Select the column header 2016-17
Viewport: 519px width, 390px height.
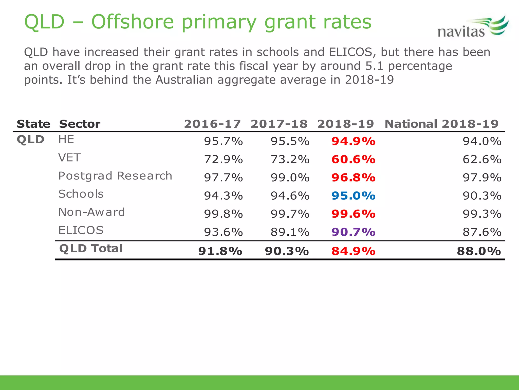(x=212, y=124)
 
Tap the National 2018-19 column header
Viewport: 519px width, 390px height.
(x=441, y=124)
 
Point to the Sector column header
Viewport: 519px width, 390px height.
(x=80, y=124)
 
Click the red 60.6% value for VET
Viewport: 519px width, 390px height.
(x=353, y=159)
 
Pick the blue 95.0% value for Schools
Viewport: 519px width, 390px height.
(x=353, y=196)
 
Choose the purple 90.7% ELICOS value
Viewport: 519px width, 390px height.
(x=353, y=232)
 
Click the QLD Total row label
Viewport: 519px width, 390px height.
(x=91, y=248)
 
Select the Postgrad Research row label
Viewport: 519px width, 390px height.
(x=115, y=176)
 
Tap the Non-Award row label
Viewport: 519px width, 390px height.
(x=91, y=212)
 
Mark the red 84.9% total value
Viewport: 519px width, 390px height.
(x=353, y=251)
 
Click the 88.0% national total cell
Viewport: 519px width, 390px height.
(x=479, y=251)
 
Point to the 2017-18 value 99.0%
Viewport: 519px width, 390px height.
(x=290, y=177)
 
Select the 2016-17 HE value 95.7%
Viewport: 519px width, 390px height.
(x=223, y=141)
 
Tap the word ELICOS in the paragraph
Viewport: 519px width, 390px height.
(x=351, y=52)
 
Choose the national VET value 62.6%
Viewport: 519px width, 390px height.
(x=482, y=159)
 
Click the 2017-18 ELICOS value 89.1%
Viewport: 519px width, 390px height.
(x=290, y=232)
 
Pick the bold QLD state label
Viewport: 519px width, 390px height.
(x=30, y=139)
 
